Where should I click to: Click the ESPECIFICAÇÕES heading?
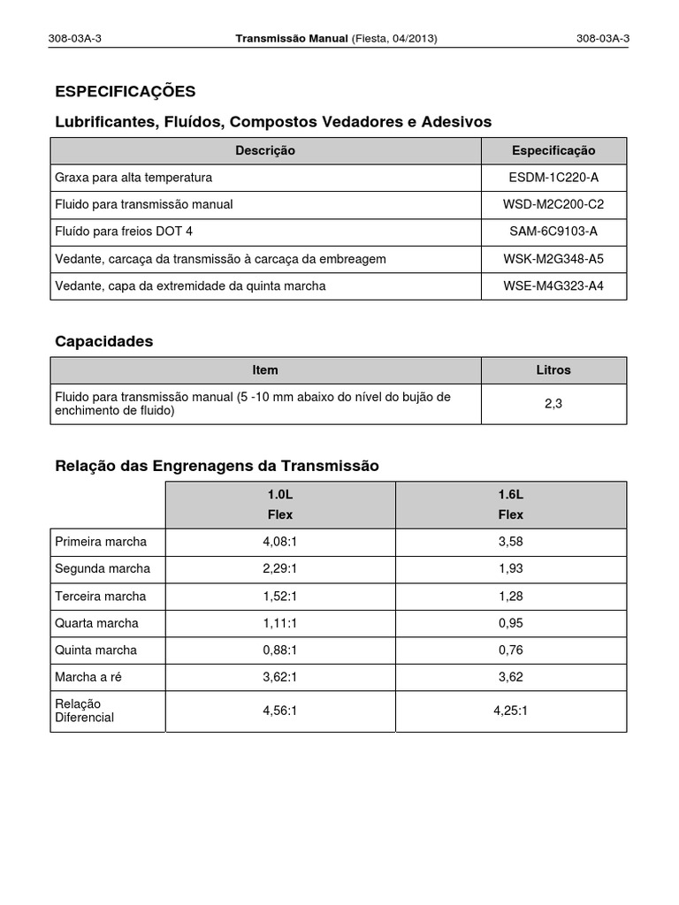[x=125, y=92]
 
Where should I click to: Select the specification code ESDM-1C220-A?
[x=553, y=178]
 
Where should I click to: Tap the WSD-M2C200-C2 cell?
[x=553, y=205]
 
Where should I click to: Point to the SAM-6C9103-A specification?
[x=553, y=232]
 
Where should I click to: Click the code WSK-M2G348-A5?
[x=553, y=259]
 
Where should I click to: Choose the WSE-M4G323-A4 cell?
[x=553, y=286]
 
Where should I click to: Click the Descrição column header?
[x=265, y=151]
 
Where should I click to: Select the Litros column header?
[x=553, y=370]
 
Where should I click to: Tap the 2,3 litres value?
[x=553, y=404]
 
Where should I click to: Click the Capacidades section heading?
[x=103, y=341]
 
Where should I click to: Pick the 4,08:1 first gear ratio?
[x=279, y=542]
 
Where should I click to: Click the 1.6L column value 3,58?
[x=511, y=542]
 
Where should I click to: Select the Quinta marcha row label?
[x=95, y=650]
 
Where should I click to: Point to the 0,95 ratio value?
[x=511, y=623]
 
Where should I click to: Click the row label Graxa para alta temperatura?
[x=134, y=178]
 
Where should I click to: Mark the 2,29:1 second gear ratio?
[x=279, y=568]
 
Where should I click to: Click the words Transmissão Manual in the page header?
[x=292, y=39]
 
